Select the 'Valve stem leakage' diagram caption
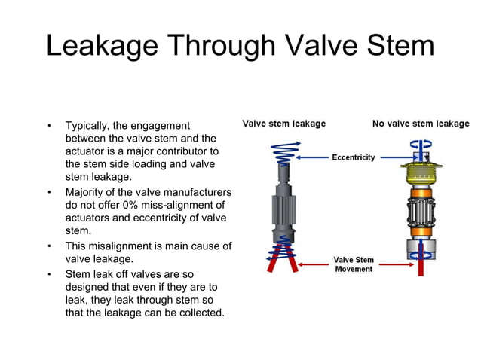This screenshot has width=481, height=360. [283, 124]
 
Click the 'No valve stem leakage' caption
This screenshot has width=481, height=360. [421, 124]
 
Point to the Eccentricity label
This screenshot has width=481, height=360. [354, 157]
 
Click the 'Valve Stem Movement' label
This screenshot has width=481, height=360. [354, 265]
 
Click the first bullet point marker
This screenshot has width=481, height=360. [50, 125]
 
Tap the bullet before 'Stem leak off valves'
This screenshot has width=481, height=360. [50, 273]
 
